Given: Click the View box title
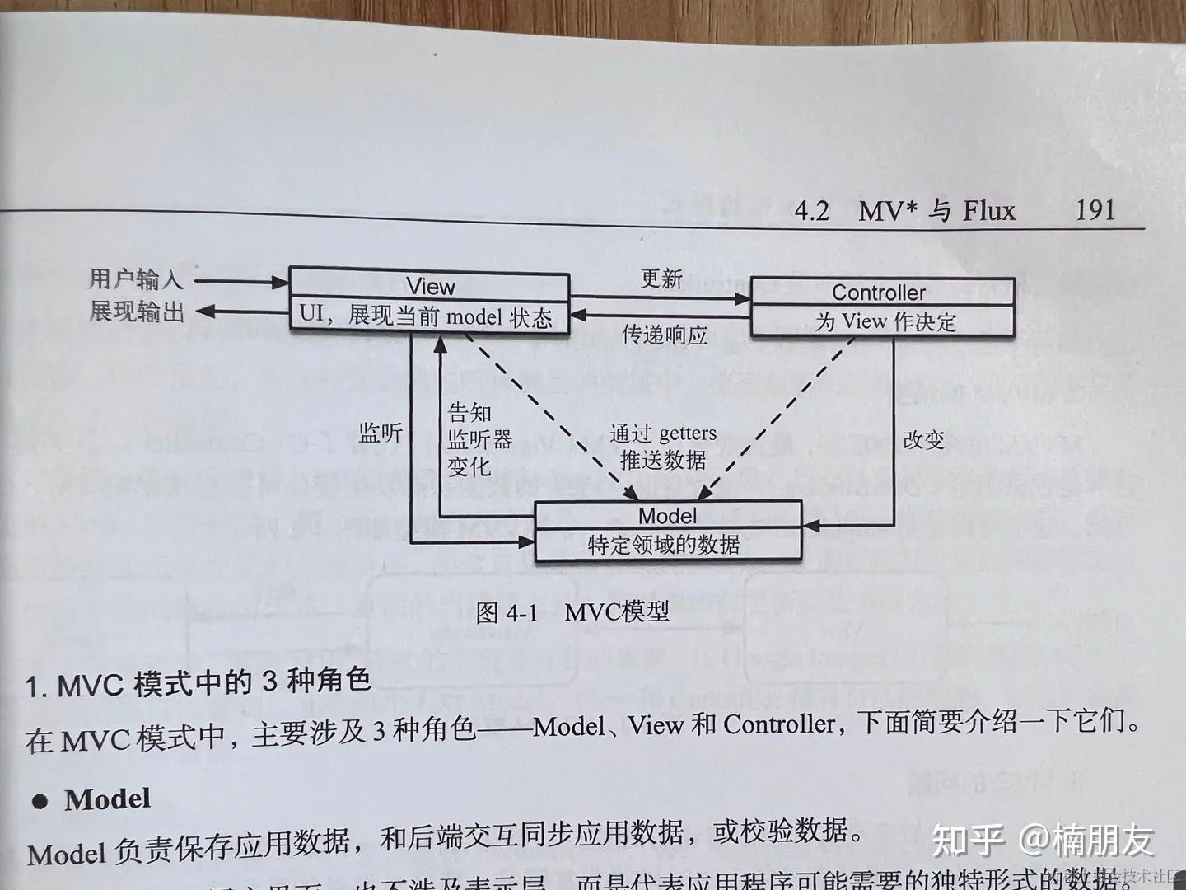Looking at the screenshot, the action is point(430,287).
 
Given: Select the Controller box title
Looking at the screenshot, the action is point(878,293).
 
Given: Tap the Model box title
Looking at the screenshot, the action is point(667,516).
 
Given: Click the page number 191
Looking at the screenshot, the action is point(1095,209).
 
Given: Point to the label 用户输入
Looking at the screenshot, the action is point(136,279).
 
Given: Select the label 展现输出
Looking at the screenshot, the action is point(137,311).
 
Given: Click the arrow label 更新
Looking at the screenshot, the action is point(661,279).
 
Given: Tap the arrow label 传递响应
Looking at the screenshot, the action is point(665,335).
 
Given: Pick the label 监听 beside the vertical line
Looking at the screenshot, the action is point(381,433).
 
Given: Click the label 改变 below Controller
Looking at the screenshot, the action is point(923,440).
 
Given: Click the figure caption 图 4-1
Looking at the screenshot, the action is point(506,612).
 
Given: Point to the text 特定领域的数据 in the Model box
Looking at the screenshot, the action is point(664,545).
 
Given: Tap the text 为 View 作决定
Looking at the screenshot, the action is point(885,321).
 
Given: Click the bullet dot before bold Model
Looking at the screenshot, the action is point(40,802).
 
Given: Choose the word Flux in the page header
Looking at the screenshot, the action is point(989,211).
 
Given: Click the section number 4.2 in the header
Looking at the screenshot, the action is point(812,212).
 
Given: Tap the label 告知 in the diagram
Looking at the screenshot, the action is point(469,412).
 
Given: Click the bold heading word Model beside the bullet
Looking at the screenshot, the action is point(108,799).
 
